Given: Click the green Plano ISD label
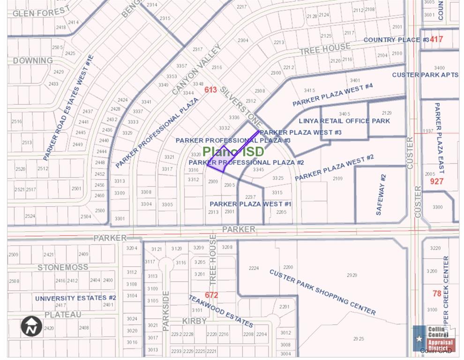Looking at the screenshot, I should (233, 151).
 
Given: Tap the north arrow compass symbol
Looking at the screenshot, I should (31, 327).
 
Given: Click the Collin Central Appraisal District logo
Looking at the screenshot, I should (434, 338).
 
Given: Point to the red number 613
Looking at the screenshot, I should (210, 90).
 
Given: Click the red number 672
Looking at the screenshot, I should (211, 295).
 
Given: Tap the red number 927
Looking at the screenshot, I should (436, 181).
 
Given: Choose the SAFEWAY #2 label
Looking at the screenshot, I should (381, 195).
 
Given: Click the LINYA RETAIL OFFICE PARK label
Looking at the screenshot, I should (344, 121).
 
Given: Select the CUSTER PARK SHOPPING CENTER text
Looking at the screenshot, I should (322, 292).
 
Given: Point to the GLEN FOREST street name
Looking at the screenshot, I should (41, 11).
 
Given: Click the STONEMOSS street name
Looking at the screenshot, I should (63, 267).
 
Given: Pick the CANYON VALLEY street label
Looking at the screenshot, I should (196, 70).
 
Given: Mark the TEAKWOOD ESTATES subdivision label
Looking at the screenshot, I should (221, 311).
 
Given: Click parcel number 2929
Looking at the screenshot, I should (352, 275).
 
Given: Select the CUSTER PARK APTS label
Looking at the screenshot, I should (425, 75).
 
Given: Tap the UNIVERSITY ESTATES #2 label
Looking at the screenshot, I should (75, 298).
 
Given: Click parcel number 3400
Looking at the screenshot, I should (439, 68).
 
